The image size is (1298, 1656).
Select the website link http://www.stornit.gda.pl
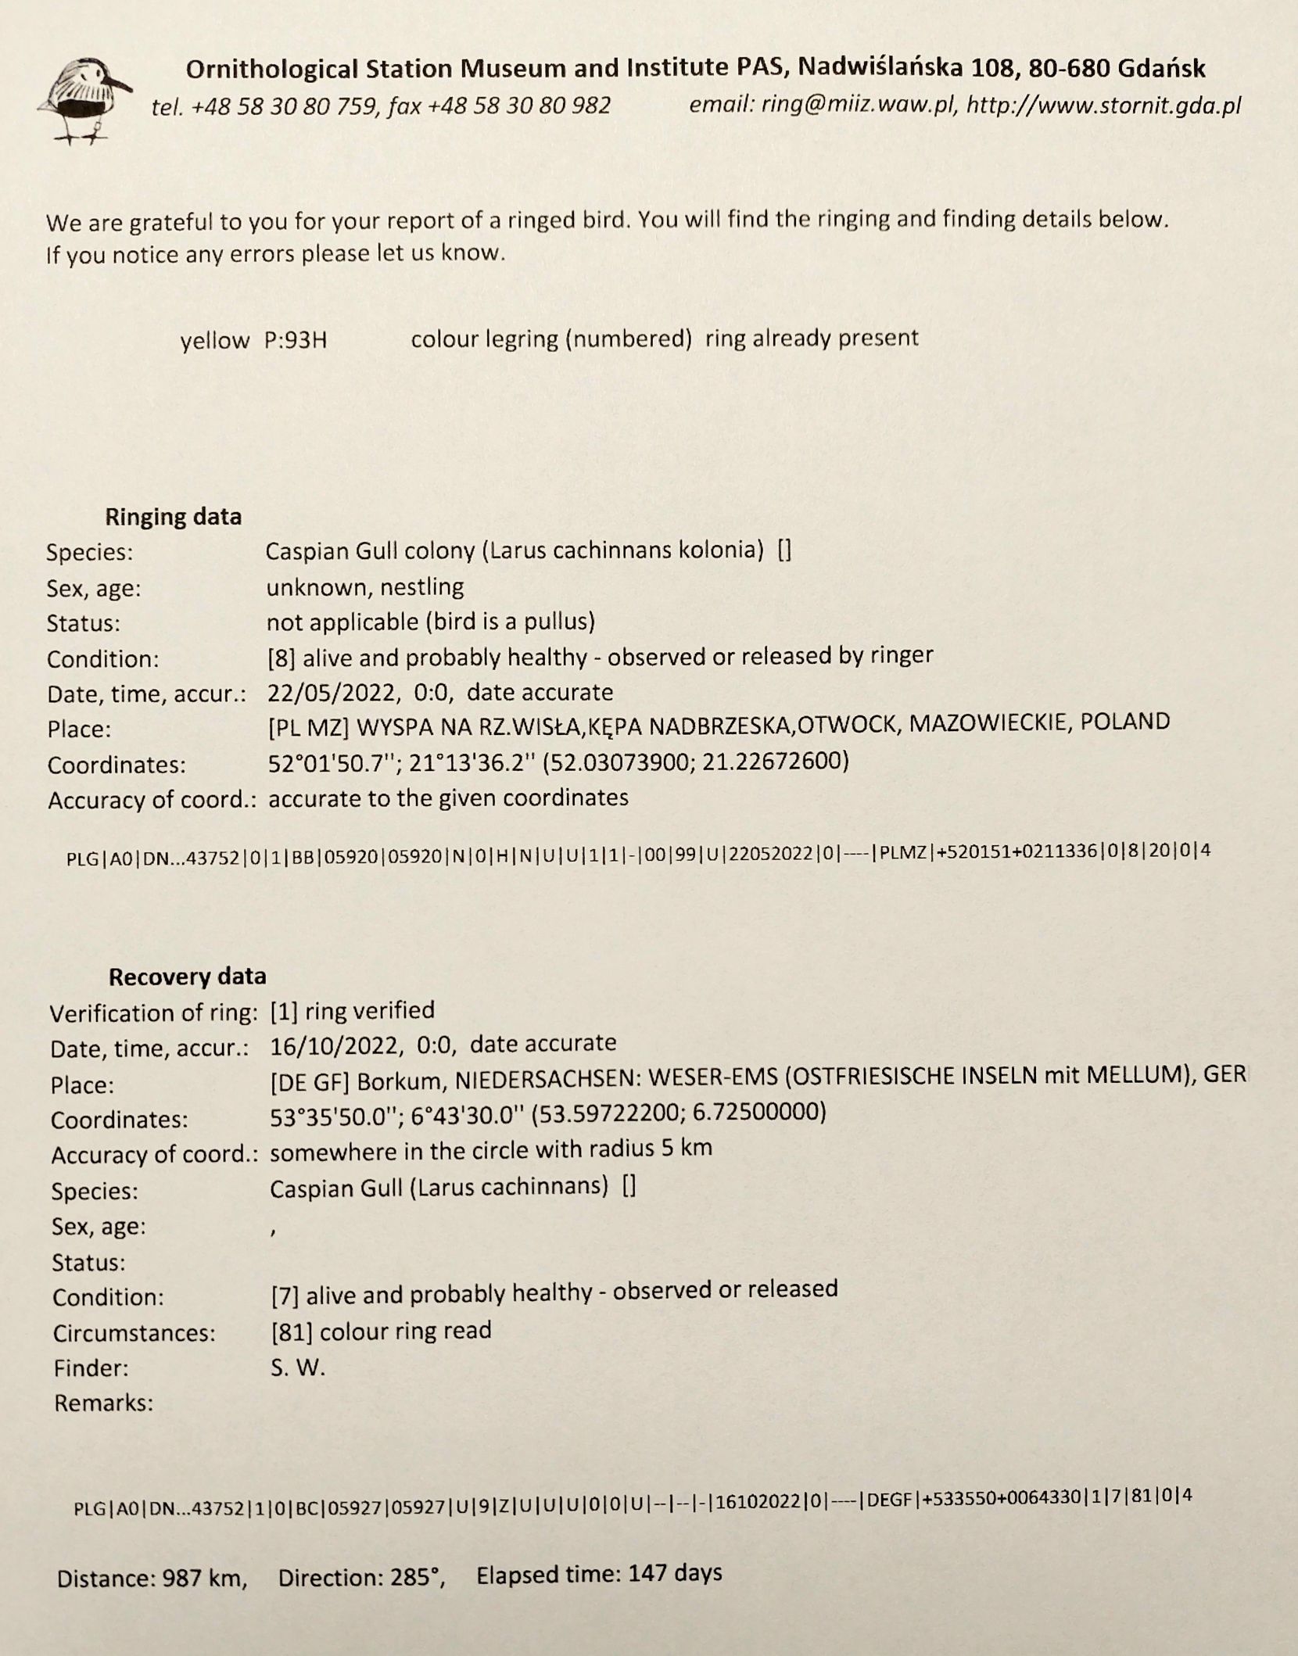[1103, 106]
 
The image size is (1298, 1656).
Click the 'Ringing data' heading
[173, 517]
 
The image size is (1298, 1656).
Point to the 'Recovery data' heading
[187, 977]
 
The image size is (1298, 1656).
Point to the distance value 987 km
[204, 1579]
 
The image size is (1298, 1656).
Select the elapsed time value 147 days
[675, 1572]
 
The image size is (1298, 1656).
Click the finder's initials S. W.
[297, 1367]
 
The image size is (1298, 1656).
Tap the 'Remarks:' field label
[103, 1403]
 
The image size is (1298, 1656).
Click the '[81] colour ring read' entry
[381, 1331]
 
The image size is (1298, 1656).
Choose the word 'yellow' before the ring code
[214, 341]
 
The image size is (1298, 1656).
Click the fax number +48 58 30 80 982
[519, 106]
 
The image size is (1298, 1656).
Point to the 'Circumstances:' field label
[134, 1332]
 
